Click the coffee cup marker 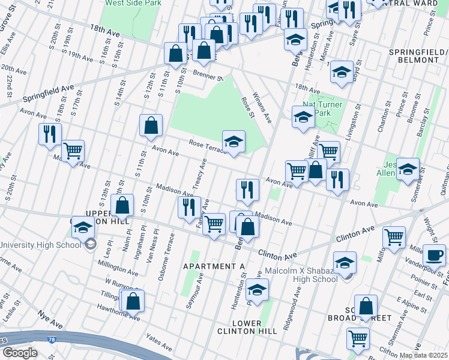tap(434, 254)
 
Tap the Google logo tap(19, 353)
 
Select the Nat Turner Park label tap(322, 109)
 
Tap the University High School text tap(40, 245)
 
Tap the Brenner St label tap(208, 75)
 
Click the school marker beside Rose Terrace tap(234, 142)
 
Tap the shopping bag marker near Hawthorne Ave tap(133, 301)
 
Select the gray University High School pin tap(90, 244)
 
